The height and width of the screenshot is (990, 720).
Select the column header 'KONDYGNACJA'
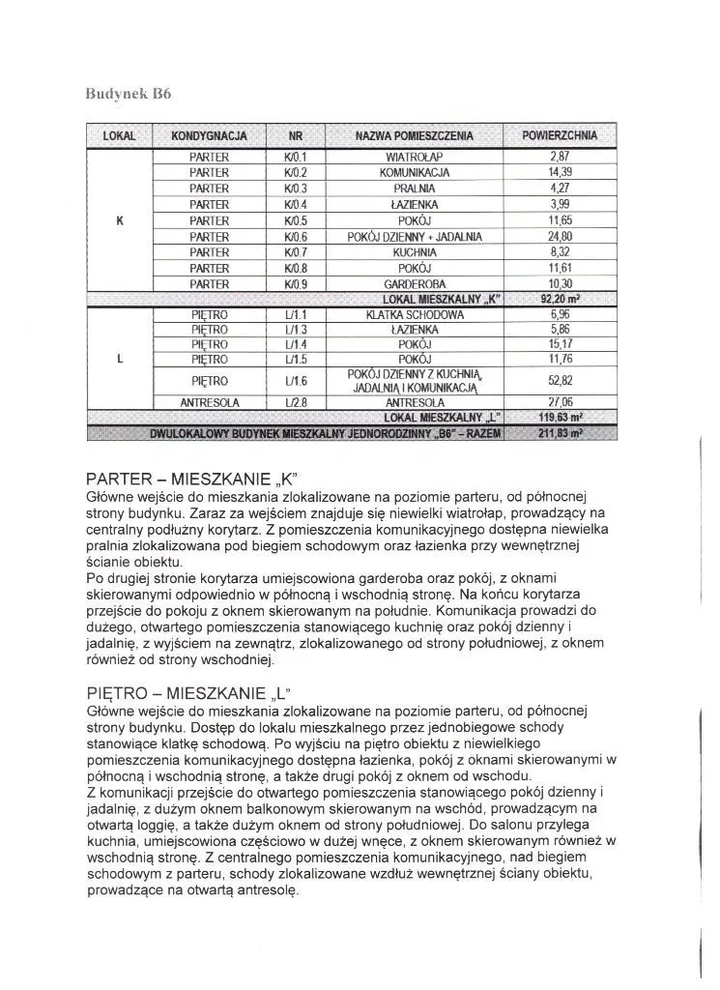point(209,135)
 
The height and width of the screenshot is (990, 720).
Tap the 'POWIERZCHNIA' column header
point(560,135)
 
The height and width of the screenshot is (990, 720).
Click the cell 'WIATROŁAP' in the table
point(414,156)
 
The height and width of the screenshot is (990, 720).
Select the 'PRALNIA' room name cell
point(414,188)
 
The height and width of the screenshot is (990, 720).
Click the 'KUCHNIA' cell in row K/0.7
point(414,251)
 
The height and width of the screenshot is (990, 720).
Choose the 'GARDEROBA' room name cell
point(414,283)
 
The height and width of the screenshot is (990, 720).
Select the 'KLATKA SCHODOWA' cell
point(415,315)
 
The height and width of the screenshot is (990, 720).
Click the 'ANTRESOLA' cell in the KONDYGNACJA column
point(209,402)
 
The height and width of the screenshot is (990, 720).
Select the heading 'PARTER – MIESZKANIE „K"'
point(188,479)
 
